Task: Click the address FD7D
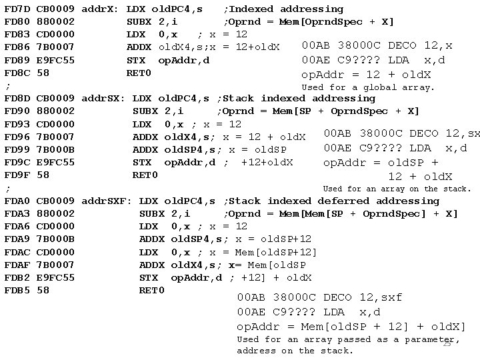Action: [17, 9]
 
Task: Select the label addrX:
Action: [100, 9]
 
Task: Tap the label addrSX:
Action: [103, 99]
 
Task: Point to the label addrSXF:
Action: [107, 201]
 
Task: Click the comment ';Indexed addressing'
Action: [283, 9]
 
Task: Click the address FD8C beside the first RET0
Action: [17, 73]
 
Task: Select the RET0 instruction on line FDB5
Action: [152, 290]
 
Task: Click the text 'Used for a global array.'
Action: [368, 87]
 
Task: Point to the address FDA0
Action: [17, 201]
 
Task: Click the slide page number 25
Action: [447, 344]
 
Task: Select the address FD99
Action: [17, 149]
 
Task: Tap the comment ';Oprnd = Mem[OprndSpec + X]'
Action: [308, 22]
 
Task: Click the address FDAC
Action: [17, 252]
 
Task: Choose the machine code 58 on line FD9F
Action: [42, 175]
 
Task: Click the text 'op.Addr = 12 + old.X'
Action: [366, 74]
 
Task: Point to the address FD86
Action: [17, 47]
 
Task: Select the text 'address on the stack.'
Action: [295, 351]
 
